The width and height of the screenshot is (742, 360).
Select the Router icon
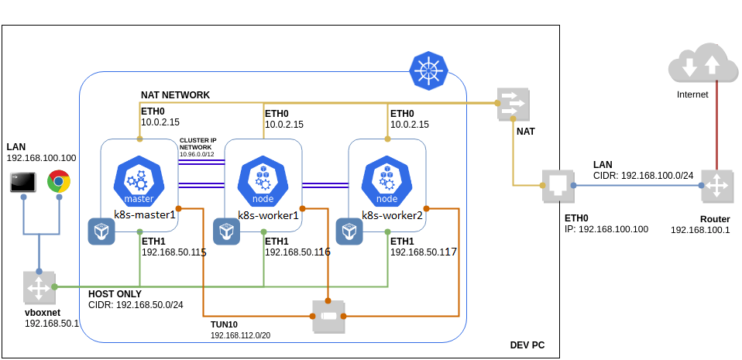tap(716, 186)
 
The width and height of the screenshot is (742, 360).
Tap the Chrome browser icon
tap(59, 182)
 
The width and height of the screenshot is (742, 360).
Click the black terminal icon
tap(22, 183)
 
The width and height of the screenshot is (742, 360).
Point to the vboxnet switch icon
tap(38, 287)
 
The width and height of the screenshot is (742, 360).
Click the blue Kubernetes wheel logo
tap(427, 70)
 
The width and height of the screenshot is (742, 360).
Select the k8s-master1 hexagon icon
tap(139, 180)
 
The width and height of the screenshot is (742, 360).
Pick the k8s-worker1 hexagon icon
tap(263, 180)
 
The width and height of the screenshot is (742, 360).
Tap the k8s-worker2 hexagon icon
tap(386, 180)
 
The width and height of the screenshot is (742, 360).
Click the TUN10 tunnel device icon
tap(328, 316)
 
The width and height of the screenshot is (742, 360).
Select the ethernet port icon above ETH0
tap(556, 186)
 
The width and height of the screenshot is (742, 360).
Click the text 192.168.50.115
tap(173, 252)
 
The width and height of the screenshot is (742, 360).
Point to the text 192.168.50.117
tap(423, 252)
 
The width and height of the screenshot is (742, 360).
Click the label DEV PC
tap(527, 345)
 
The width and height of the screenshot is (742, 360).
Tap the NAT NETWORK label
tap(175, 94)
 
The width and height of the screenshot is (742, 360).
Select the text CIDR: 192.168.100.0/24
tap(643, 176)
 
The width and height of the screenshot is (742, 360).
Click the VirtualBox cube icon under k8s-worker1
tap(226, 231)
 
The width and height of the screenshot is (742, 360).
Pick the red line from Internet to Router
tap(716, 124)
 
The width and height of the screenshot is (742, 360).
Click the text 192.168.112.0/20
tap(242, 336)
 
